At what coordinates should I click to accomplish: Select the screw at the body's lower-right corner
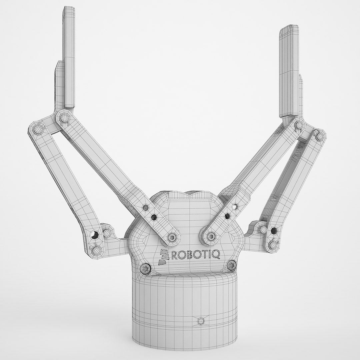click(231, 265)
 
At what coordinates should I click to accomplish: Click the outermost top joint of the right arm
click(319, 135)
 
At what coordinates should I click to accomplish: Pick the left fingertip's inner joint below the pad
click(63, 117)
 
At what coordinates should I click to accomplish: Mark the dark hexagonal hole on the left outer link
click(95, 235)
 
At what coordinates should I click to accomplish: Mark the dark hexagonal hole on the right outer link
click(275, 230)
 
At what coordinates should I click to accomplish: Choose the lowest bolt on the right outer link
click(273, 245)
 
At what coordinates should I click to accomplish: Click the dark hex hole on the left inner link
click(154, 217)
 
